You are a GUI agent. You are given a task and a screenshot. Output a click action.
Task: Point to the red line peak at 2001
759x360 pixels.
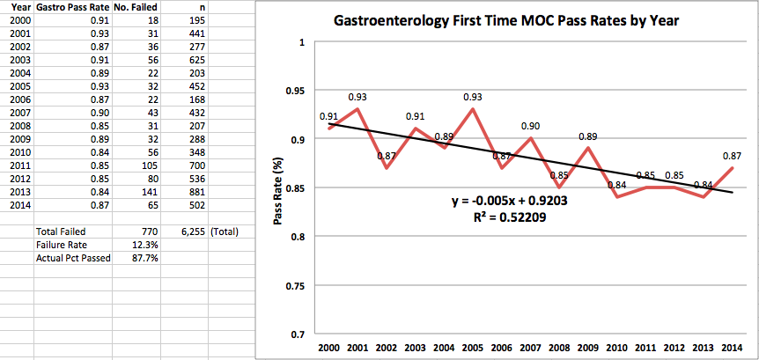pos(357,108)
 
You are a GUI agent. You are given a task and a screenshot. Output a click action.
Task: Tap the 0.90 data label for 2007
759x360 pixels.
pos(530,126)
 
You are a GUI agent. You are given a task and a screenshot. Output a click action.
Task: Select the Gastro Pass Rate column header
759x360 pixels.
pos(73,7)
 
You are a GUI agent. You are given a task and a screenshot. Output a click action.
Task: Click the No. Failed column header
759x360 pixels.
pos(135,7)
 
